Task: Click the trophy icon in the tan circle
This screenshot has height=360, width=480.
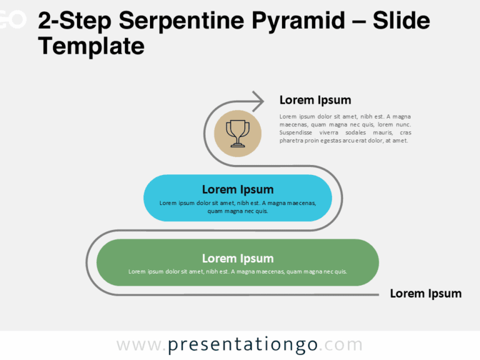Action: (237, 133)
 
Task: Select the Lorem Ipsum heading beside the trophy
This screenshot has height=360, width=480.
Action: (315, 100)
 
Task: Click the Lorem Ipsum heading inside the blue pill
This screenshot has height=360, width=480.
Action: (237, 189)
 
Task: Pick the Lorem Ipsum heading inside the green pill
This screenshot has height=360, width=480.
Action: (237, 258)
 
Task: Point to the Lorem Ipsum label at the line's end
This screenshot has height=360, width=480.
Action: (426, 294)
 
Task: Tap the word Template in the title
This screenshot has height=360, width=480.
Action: (91, 46)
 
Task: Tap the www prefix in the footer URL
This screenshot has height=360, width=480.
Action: (138, 345)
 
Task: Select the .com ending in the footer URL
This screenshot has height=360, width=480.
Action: (342, 345)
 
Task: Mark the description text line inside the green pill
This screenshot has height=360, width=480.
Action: (237, 272)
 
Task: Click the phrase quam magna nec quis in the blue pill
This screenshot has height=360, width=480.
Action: (237, 211)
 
